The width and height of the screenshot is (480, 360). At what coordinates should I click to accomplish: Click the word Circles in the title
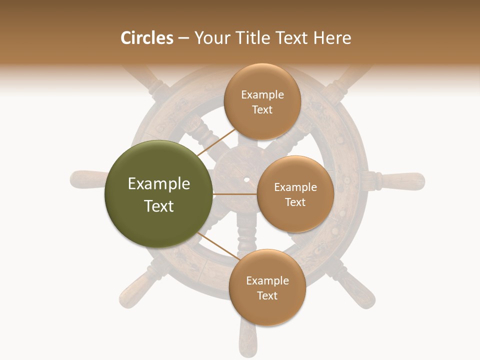146,38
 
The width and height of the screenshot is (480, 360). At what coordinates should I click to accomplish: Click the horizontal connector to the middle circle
235,194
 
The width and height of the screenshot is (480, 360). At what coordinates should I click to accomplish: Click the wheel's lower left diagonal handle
135,292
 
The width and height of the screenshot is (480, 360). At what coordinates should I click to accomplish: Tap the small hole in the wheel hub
246,178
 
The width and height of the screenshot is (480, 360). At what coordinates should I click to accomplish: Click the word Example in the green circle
159,184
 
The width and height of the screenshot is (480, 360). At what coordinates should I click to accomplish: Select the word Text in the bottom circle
267,295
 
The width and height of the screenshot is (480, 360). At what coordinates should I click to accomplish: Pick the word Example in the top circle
262,94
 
